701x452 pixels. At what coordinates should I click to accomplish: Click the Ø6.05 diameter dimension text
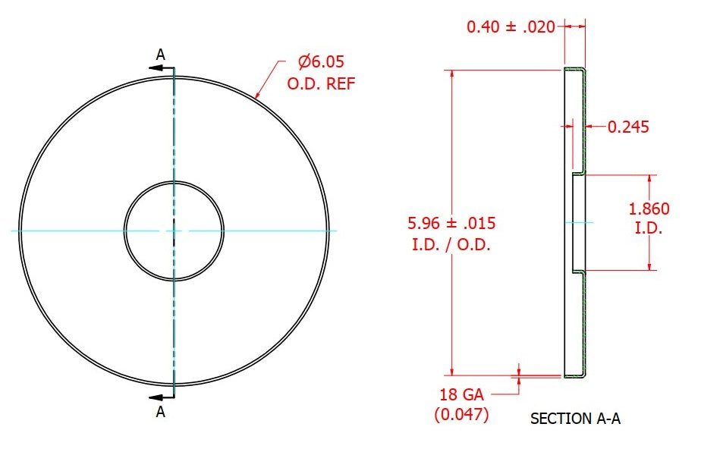pyautogui.click(x=321, y=61)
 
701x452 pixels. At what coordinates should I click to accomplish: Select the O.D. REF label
pyautogui.click(x=321, y=83)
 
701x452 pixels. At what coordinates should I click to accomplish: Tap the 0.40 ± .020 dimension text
pyautogui.click(x=511, y=27)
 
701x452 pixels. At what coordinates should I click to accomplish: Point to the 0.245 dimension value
pyautogui.click(x=628, y=127)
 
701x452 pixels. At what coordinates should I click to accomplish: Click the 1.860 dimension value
pyautogui.click(x=649, y=209)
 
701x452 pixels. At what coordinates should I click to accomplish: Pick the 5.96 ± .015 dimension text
pyautogui.click(x=451, y=223)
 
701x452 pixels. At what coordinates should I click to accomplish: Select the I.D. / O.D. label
pyautogui.click(x=451, y=244)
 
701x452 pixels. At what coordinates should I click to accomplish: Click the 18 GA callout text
pyautogui.click(x=461, y=395)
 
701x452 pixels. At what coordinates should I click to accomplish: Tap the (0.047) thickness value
pyautogui.click(x=461, y=414)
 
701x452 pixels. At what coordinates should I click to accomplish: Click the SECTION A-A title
pyautogui.click(x=575, y=419)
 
